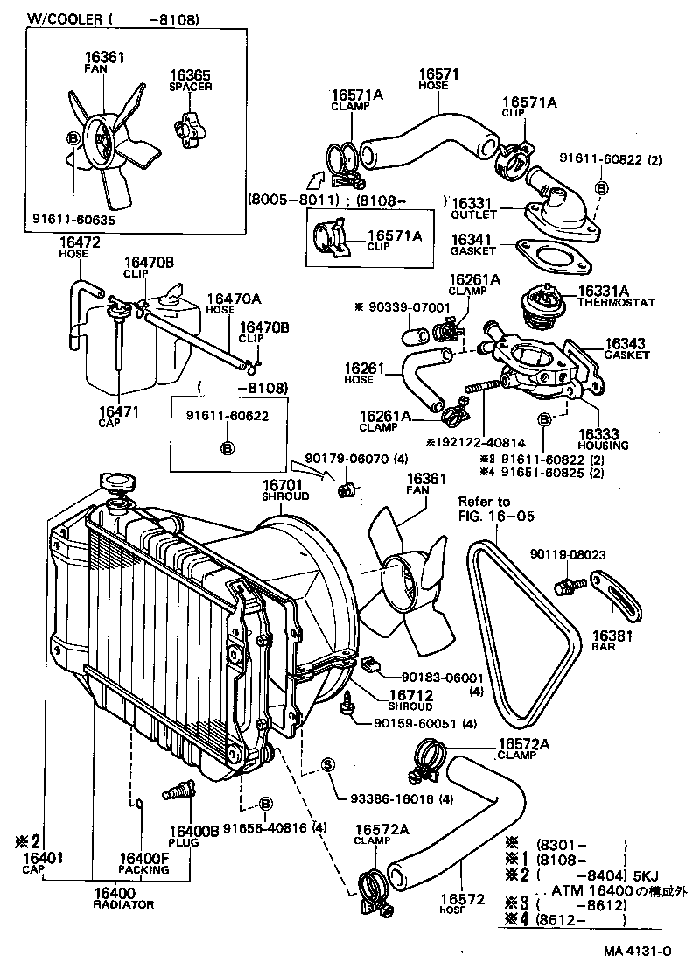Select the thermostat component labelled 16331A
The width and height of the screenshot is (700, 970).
click(x=535, y=304)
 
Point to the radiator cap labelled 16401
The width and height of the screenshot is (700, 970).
click(x=115, y=482)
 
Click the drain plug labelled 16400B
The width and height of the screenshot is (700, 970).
click(x=175, y=793)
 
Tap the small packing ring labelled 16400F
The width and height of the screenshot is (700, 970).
click(x=139, y=802)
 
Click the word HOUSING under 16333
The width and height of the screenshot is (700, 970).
click(x=603, y=446)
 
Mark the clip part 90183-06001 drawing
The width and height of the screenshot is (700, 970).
click(x=373, y=666)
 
